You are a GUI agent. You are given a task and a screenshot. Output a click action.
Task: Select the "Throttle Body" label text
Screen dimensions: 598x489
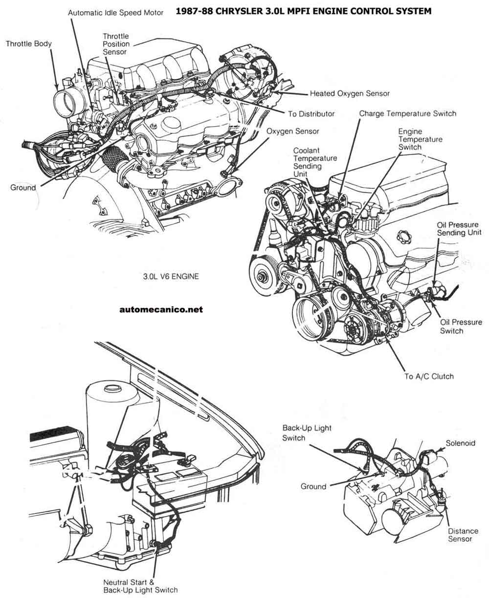point(29,44)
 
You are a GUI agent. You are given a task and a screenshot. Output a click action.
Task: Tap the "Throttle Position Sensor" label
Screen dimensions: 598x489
point(116,44)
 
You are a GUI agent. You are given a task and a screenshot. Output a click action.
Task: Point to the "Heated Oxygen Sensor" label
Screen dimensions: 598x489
point(350,93)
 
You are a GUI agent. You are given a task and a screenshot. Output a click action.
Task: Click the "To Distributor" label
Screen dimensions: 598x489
point(311,114)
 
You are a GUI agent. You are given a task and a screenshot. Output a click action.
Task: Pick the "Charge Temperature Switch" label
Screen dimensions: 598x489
point(407,113)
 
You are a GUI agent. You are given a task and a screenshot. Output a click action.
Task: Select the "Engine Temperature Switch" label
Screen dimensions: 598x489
point(420,139)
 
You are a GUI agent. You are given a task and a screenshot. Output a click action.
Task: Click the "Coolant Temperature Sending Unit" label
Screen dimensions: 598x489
point(315,162)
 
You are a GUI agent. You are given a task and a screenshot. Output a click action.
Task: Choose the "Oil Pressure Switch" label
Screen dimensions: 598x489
point(461,327)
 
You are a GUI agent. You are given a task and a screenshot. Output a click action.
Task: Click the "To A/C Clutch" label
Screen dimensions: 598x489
point(429,377)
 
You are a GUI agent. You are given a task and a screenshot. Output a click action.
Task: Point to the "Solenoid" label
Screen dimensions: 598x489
point(460,443)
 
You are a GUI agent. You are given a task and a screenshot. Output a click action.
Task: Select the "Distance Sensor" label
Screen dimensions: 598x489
point(460,535)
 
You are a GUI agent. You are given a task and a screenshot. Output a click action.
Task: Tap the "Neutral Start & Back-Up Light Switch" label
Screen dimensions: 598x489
point(140,586)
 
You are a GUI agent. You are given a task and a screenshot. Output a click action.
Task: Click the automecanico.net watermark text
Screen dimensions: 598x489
point(160,309)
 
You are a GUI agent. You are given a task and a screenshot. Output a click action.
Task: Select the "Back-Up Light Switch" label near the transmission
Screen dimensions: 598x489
point(307,433)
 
